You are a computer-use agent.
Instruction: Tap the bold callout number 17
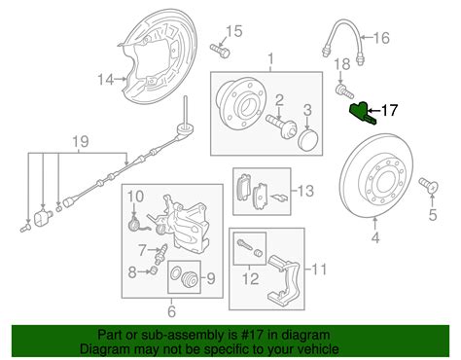coord(389,110)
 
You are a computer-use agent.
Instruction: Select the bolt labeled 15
coord(220,51)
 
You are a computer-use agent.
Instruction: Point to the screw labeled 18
coord(344,90)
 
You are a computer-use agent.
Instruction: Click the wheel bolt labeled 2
coord(280,126)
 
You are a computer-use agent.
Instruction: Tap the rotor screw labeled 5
coord(429,185)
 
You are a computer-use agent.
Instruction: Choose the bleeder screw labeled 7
coord(161,253)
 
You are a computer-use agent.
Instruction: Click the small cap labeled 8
coord(154,270)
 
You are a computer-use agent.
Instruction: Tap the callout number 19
coord(81,142)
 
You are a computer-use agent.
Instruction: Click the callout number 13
coord(305,191)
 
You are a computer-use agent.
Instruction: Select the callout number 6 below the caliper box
coord(171,311)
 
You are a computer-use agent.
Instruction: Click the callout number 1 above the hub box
coord(270,59)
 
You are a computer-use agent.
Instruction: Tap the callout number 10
coord(135,197)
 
